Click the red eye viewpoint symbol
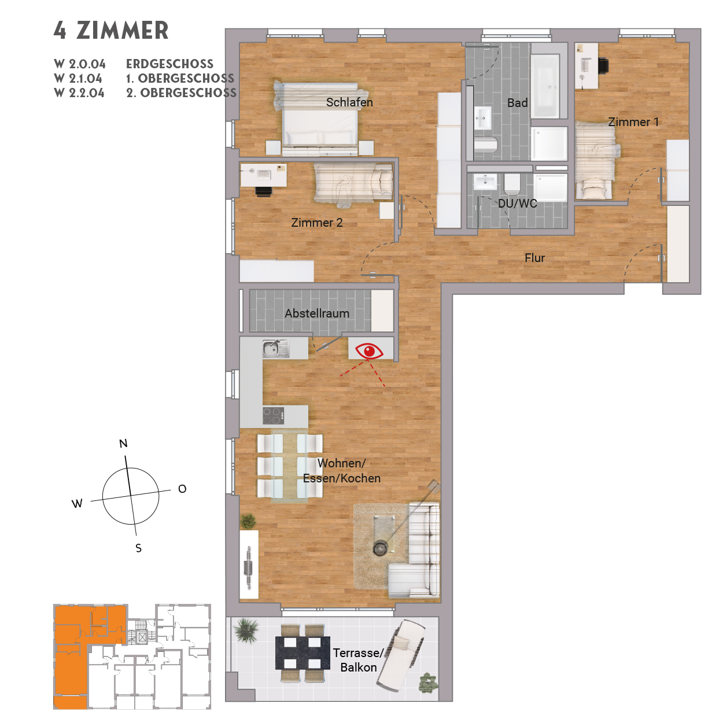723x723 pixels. coord(369,351)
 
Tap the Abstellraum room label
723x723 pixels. coord(317,313)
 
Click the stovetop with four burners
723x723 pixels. coord(274,415)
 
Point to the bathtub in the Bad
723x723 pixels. coord(545,86)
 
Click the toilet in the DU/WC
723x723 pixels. coord(512,184)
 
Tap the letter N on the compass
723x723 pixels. coord(123,444)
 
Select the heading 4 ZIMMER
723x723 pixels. coord(111,31)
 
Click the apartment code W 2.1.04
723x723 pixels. coord(78,78)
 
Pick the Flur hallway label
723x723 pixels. coord(534,258)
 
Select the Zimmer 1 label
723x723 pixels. coord(633,122)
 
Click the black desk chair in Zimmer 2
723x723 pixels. coord(264,191)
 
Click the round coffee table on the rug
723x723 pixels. coord(381,548)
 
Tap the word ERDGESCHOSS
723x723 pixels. coord(169,64)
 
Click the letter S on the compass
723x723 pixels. coord(138,548)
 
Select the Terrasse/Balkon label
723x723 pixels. coord(359,660)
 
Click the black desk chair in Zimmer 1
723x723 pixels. coord(603,66)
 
